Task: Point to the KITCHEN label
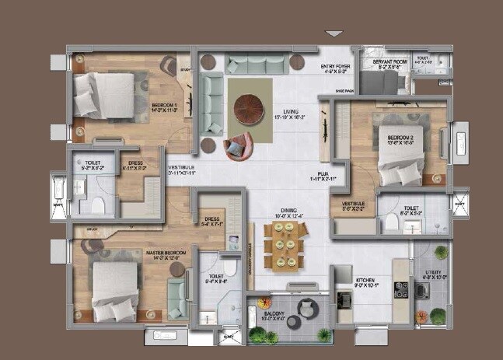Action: pyautogui.click(x=365, y=281)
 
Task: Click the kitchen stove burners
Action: pyautogui.click(x=401, y=290)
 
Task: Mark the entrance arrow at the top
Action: pyautogui.click(x=334, y=34)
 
